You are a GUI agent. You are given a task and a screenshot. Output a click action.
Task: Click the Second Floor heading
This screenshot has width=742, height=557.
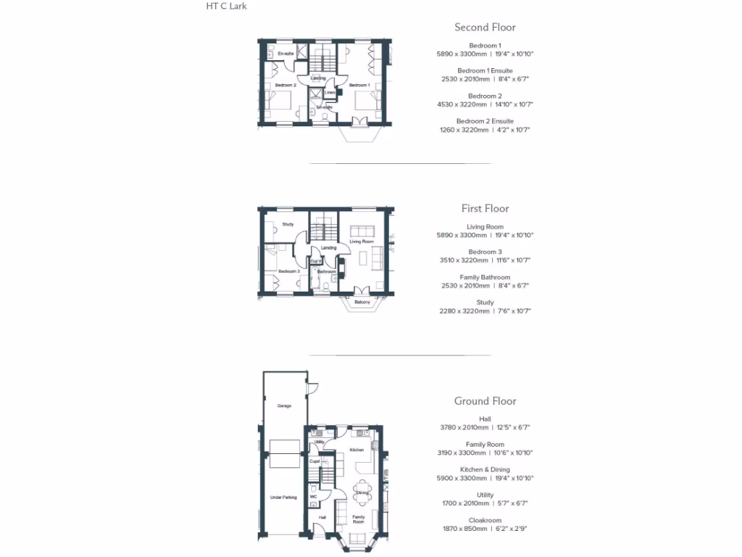[485, 28]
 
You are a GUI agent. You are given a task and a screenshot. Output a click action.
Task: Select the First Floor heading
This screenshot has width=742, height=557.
[485, 209]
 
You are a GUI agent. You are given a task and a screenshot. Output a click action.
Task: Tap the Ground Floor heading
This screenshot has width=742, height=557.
[485, 401]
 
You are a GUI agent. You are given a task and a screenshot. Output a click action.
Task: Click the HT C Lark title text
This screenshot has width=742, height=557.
[227, 7]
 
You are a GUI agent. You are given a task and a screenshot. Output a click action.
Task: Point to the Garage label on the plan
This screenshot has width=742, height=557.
[284, 406]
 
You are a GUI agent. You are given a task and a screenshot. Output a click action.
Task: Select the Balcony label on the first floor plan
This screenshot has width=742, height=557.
[362, 302]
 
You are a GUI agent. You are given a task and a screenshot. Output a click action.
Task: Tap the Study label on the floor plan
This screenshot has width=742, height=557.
[288, 224]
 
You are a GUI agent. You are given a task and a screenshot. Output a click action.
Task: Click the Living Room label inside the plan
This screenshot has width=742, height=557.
[362, 242]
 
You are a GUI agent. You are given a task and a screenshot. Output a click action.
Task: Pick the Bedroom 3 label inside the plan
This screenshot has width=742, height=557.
[288, 271]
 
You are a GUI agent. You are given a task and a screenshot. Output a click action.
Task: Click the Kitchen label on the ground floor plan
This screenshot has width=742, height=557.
[357, 450]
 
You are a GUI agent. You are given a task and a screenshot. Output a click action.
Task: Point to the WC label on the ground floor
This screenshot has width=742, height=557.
[313, 497]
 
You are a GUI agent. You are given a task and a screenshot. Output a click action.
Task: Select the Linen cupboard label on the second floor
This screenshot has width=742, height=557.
[330, 93]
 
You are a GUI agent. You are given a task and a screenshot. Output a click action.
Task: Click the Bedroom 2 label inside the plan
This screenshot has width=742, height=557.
[285, 85]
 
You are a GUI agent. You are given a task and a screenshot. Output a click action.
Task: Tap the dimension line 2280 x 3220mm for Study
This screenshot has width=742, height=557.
[485, 311]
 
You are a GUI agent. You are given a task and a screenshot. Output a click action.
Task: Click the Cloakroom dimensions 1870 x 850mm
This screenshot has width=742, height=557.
[485, 529]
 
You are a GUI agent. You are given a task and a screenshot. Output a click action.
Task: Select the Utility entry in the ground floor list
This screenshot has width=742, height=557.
[485, 495]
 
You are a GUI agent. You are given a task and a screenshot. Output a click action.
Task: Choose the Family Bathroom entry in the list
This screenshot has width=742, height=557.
[485, 277]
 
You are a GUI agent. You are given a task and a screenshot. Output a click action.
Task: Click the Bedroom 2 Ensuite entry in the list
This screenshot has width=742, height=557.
[485, 121]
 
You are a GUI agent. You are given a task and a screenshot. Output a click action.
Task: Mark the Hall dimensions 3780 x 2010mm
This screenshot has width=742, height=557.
[485, 428]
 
